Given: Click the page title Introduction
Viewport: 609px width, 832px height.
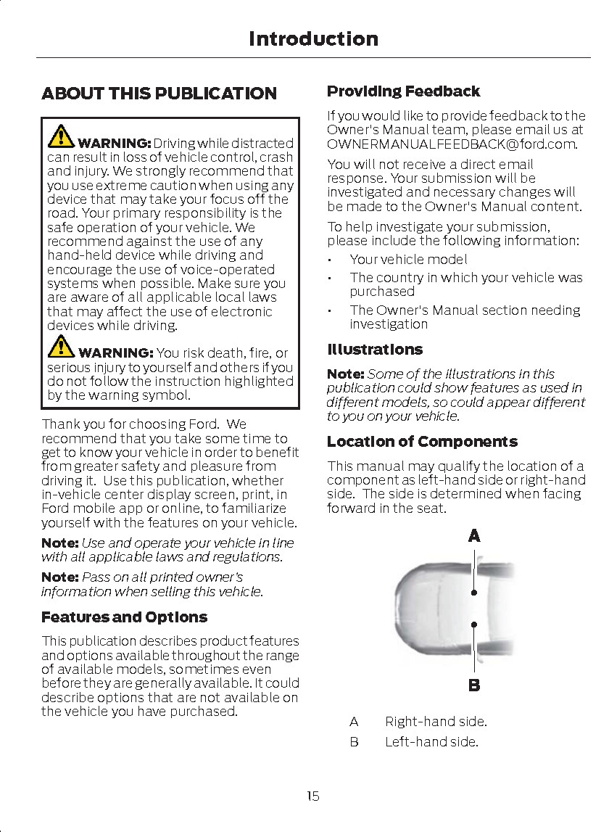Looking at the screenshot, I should pyautogui.click(x=313, y=38).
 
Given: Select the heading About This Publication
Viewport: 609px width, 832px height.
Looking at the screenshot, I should pyautogui.click(x=159, y=94).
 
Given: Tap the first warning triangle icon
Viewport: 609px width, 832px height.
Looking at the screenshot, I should pyautogui.click(x=61, y=136).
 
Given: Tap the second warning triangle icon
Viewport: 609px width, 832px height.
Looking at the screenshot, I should pyautogui.click(x=61, y=346).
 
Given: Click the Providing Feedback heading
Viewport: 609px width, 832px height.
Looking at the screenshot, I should pyautogui.click(x=403, y=91).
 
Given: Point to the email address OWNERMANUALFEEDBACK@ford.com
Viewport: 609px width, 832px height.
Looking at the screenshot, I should pyautogui.click(x=451, y=144).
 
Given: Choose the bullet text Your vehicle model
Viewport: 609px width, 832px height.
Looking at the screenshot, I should pyautogui.click(x=408, y=259).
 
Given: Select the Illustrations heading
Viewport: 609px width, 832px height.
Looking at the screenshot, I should pyautogui.click(x=374, y=350).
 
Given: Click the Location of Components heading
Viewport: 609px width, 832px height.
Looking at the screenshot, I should pyautogui.click(x=422, y=442).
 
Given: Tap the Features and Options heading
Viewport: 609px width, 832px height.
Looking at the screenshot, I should pyautogui.click(x=124, y=617).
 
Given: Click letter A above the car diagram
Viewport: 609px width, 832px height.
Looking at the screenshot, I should pyautogui.click(x=473, y=536).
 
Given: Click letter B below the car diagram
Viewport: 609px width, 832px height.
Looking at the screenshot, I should pyautogui.click(x=473, y=685).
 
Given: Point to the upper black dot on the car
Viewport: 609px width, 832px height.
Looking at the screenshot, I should pyautogui.click(x=473, y=593).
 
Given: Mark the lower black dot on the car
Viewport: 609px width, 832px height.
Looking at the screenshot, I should pyautogui.click(x=473, y=624).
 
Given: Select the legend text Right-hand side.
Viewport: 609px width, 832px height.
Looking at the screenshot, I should pyautogui.click(x=436, y=722).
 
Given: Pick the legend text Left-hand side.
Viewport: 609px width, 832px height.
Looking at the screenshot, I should pyautogui.click(x=431, y=742).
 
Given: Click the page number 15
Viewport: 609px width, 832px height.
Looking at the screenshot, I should pyautogui.click(x=312, y=796).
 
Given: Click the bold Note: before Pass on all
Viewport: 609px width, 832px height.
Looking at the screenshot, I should pyautogui.click(x=59, y=577).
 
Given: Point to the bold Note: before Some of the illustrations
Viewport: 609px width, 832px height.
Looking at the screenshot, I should pyautogui.click(x=345, y=374).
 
